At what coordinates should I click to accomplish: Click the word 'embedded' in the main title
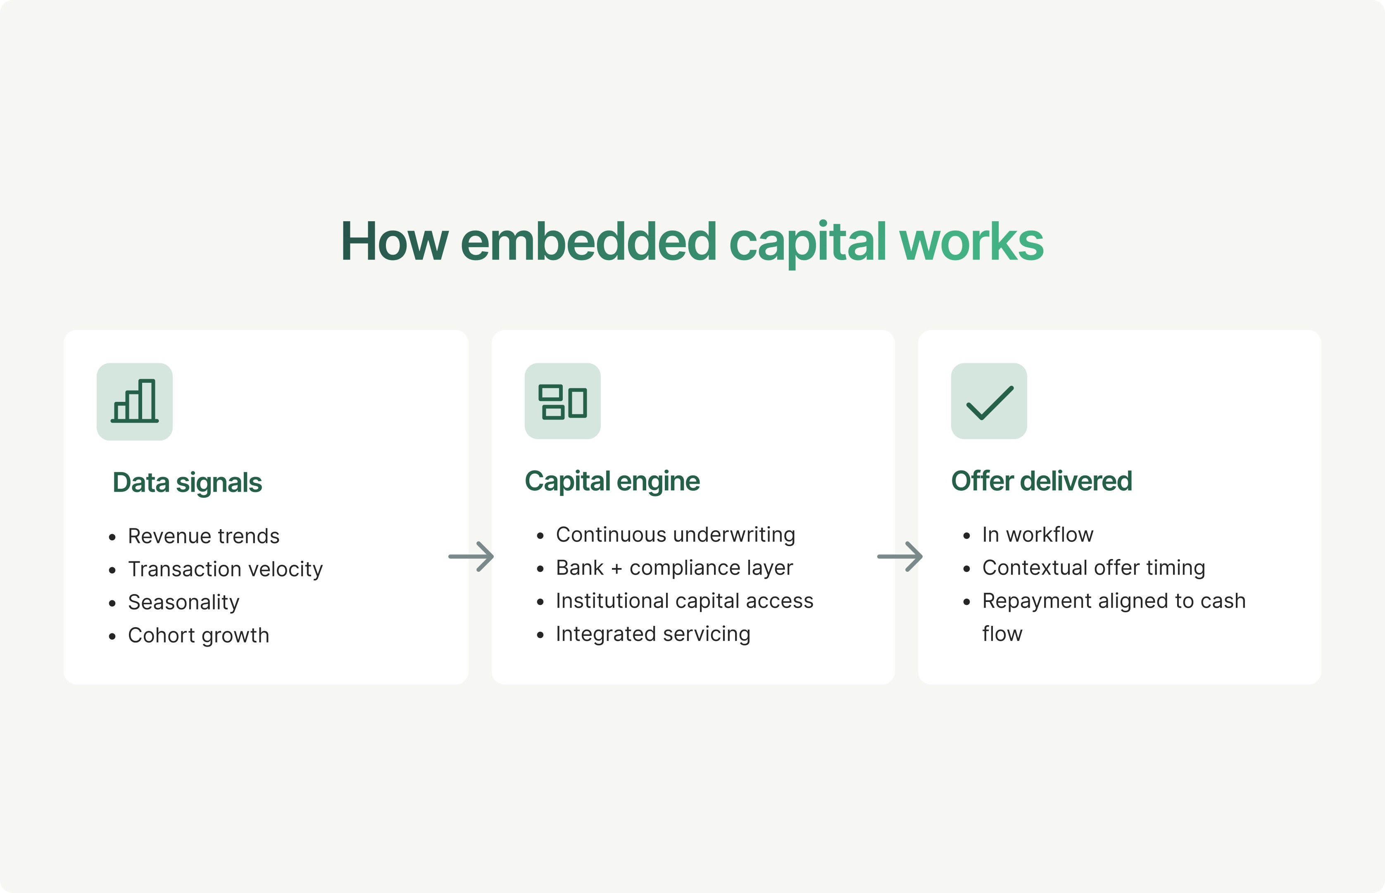pyautogui.click(x=589, y=242)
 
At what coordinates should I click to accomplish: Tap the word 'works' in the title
pyautogui.click(x=971, y=242)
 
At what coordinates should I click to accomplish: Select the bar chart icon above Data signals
pyautogui.click(x=134, y=401)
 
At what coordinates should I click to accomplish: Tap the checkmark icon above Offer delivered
pyautogui.click(x=989, y=401)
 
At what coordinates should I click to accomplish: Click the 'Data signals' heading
pyautogui.click(x=187, y=482)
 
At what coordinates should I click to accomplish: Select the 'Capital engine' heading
pyautogui.click(x=612, y=481)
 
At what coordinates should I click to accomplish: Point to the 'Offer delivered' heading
pyautogui.click(x=1041, y=481)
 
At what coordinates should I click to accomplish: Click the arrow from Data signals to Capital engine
pyautogui.click(x=471, y=556)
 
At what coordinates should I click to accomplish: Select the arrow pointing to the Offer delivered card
pyautogui.click(x=900, y=556)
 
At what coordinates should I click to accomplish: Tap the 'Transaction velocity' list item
pyautogui.click(x=226, y=569)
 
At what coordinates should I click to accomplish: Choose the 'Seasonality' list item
pyautogui.click(x=184, y=602)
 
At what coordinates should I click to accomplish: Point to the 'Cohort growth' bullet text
pyautogui.click(x=199, y=635)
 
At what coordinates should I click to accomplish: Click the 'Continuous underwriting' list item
pyautogui.click(x=675, y=535)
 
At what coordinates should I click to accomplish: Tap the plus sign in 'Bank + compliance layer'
pyautogui.click(x=616, y=569)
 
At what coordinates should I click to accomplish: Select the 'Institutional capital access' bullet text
pyautogui.click(x=684, y=601)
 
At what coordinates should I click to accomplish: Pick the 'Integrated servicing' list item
pyautogui.click(x=653, y=634)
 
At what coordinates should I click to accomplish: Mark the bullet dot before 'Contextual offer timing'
pyautogui.click(x=966, y=569)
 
